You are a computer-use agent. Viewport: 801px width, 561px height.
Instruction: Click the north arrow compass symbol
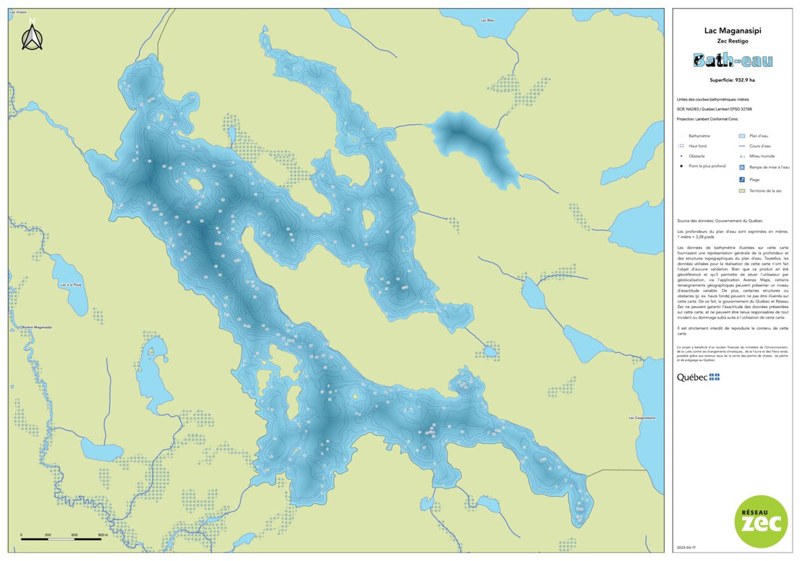coord(31,36)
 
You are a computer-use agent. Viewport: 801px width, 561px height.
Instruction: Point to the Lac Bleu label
coord(487,20)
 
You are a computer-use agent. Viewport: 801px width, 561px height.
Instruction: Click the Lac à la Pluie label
coord(70,285)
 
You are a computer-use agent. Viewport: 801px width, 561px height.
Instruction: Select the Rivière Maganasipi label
coord(37,327)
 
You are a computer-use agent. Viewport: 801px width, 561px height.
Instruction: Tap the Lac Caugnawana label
coord(642,418)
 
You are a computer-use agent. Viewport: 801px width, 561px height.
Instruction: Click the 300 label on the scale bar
coord(48,535)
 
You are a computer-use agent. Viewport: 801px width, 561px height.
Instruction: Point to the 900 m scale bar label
coord(102,535)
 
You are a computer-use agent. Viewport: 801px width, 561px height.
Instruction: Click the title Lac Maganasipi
coord(733,30)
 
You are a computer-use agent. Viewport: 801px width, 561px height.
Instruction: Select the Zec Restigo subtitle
coord(733,41)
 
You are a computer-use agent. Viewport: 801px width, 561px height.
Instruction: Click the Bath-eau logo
coord(733,61)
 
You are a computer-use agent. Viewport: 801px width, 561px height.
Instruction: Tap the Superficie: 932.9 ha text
coord(733,80)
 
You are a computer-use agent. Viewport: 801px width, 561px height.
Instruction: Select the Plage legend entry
coord(754,180)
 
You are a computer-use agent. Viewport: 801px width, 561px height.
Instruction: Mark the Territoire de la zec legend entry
coord(765,191)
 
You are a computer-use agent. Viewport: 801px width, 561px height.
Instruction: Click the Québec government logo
coord(698,377)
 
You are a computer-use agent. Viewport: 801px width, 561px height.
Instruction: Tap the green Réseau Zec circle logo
coord(760,521)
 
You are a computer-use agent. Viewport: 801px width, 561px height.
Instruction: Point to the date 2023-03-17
coord(686,548)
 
